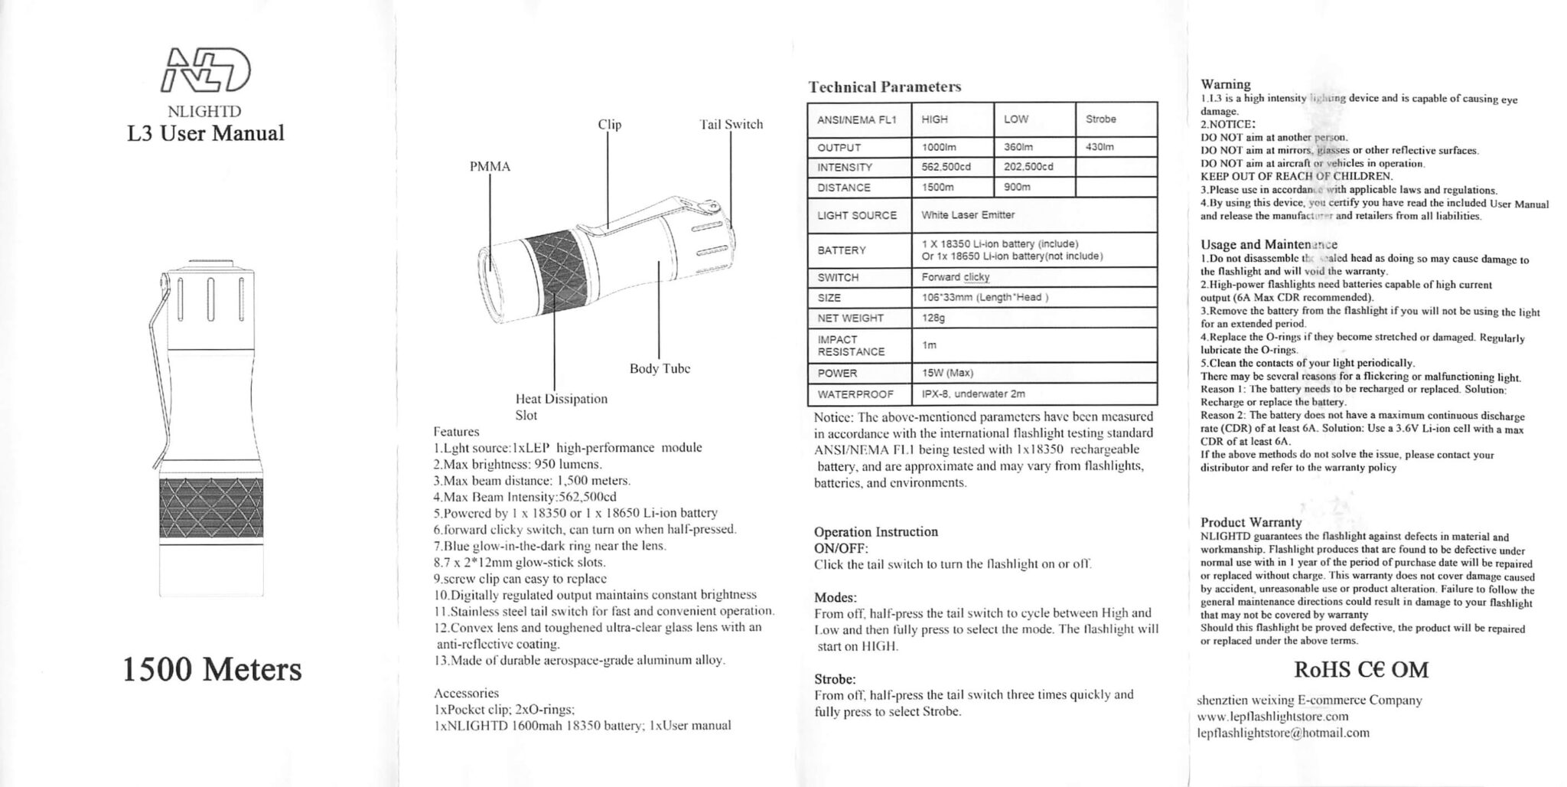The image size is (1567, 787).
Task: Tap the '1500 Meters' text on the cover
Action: (x=212, y=670)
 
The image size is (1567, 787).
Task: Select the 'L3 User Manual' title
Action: (x=205, y=133)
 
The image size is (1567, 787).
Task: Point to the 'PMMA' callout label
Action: (x=490, y=167)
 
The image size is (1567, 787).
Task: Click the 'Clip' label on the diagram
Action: (x=609, y=124)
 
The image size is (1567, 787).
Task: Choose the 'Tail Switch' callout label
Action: (x=731, y=124)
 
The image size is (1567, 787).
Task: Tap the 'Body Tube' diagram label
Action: (x=660, y=368)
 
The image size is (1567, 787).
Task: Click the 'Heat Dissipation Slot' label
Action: (x=561, y=407)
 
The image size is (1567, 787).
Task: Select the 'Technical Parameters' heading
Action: (x=884, y=87)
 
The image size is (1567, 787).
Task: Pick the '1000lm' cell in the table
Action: (x=938, y=147)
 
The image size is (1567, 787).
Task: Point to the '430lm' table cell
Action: (x=1100, y=147)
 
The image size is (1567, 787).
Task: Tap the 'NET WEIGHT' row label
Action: (x=850, y=318)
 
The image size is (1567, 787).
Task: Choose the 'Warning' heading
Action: (x=1225, y=84)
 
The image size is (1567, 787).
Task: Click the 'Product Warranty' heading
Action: (x=1250, y=522)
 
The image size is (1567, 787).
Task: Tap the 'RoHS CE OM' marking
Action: (x=1360, y=670)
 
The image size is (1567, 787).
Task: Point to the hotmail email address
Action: (x=1283, y=733)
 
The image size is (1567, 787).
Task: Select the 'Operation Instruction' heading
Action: (x=875, y=532)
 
